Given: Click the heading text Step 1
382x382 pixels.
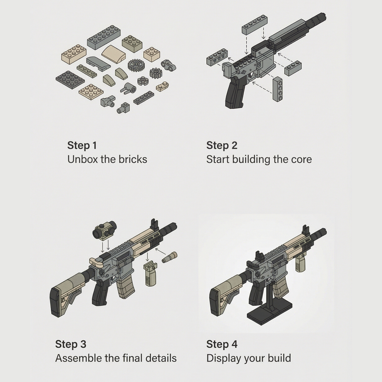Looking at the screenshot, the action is coord(82,145).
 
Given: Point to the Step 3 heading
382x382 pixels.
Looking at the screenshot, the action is coord(71,344).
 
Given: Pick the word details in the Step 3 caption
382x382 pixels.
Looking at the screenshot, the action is coord(161,358).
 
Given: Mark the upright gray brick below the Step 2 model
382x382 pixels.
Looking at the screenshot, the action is coord(278,89).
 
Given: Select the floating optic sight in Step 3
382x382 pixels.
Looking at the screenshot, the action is coord(104,230).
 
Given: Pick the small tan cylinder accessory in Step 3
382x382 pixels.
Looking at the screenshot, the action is coord(169,257).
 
